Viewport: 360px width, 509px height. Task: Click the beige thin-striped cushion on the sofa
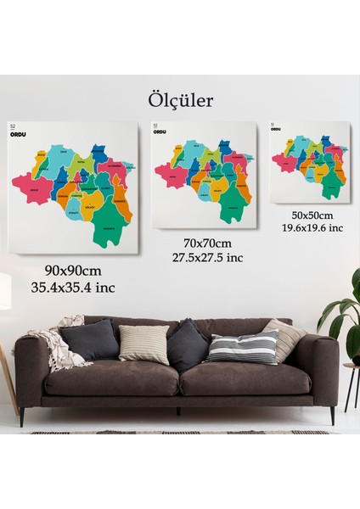pos(144,344)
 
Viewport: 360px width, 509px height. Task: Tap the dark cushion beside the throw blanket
pos(89,340)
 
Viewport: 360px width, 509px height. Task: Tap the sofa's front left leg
pos(23,417)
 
